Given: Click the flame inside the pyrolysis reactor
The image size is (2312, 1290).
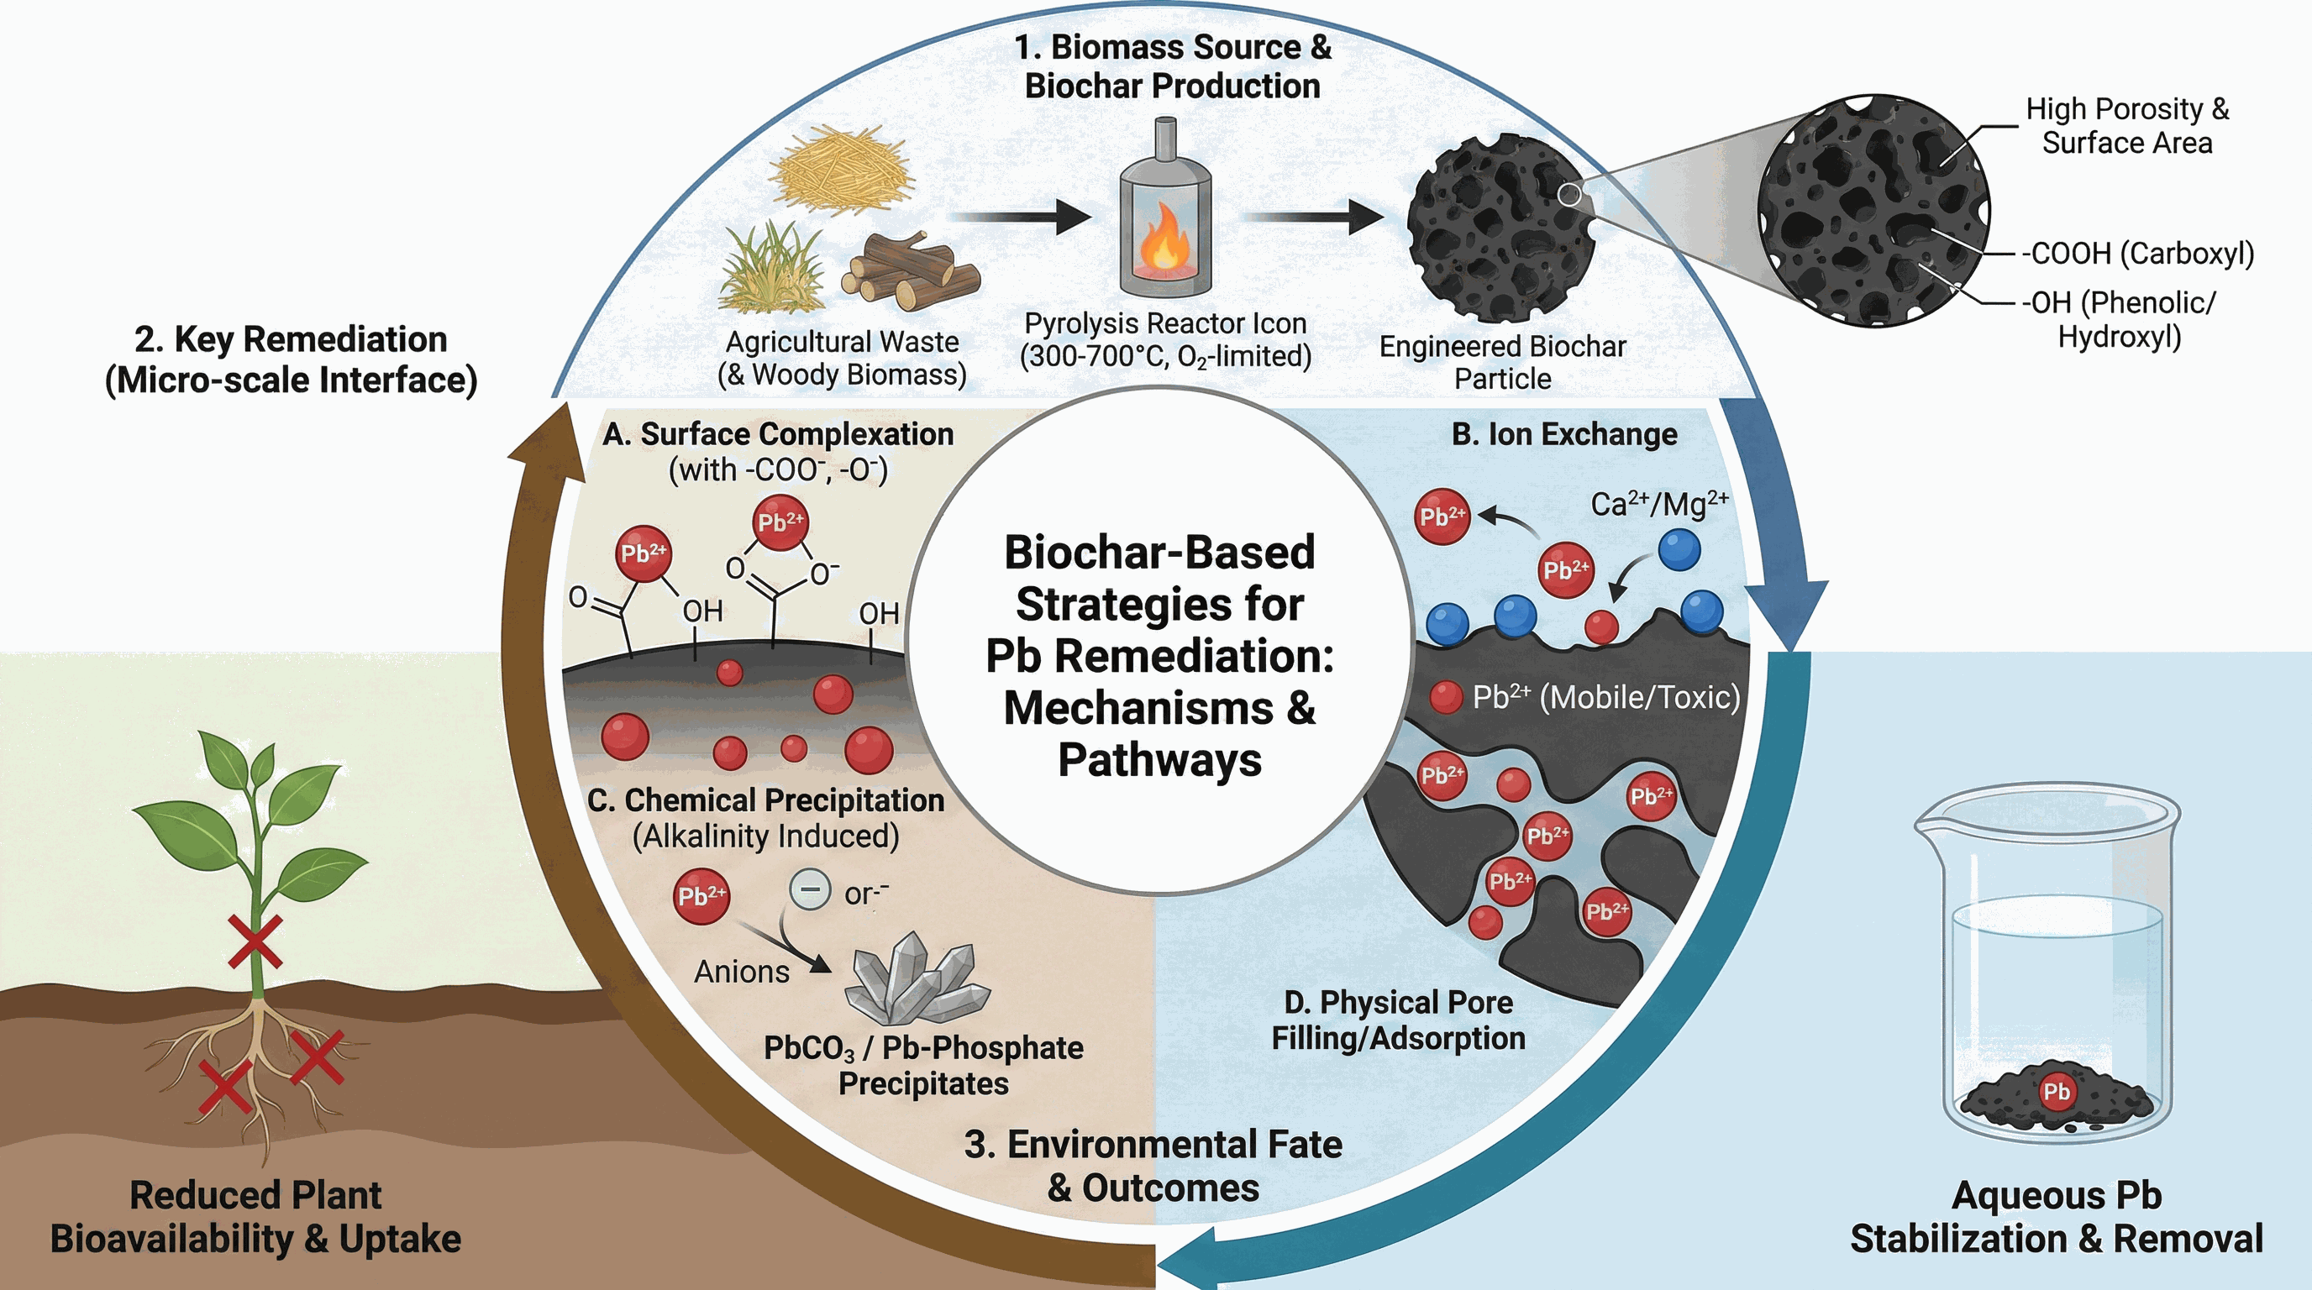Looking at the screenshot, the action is point(1164,237).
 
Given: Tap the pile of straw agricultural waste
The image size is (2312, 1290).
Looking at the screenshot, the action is point(842,169).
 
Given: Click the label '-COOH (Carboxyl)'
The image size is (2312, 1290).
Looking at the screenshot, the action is point(2137,254).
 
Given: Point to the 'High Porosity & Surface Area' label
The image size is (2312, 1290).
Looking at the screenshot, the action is point(2127,126).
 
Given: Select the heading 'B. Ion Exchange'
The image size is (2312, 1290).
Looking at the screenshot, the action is point(1564,434).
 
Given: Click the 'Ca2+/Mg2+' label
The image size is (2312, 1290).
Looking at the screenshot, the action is point(1659,504).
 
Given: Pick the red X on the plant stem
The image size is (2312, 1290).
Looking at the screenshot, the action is point(255,941).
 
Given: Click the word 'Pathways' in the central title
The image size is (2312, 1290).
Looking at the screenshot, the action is point(1159,760).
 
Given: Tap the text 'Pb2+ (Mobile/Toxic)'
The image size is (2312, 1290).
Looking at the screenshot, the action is point(1605,697).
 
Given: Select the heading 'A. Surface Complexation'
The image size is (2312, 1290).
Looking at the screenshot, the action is point(777,434).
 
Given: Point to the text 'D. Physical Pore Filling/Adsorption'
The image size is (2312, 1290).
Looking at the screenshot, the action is point(1398,1020).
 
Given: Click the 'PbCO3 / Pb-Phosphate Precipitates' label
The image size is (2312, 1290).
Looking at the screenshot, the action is point(923,1065).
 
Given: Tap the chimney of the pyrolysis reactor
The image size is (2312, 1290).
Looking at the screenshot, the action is point(1165,139).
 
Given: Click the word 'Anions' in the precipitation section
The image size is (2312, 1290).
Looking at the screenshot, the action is point(741,972).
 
